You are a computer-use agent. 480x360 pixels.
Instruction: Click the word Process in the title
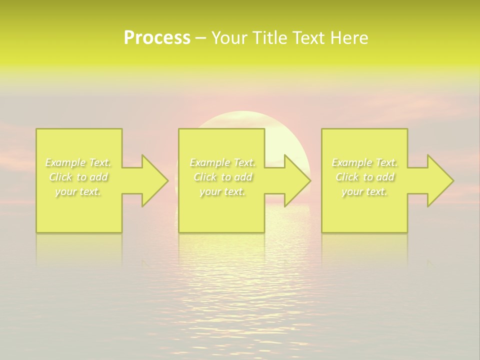[157, 38]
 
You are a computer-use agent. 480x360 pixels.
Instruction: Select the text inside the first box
[78, 177]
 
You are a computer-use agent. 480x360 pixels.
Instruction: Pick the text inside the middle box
[222, 177]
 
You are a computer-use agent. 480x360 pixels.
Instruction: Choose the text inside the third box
[364, 177]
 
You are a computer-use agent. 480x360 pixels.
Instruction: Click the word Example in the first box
[65, 162]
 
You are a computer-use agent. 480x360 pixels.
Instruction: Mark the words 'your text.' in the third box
[364, 191]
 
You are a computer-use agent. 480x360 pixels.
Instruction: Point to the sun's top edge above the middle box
[243, 112]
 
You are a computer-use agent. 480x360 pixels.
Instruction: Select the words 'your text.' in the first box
[78, 191]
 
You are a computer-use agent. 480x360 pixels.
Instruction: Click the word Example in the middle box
[209, 162]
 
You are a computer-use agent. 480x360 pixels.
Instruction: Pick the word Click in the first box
[60, 177]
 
